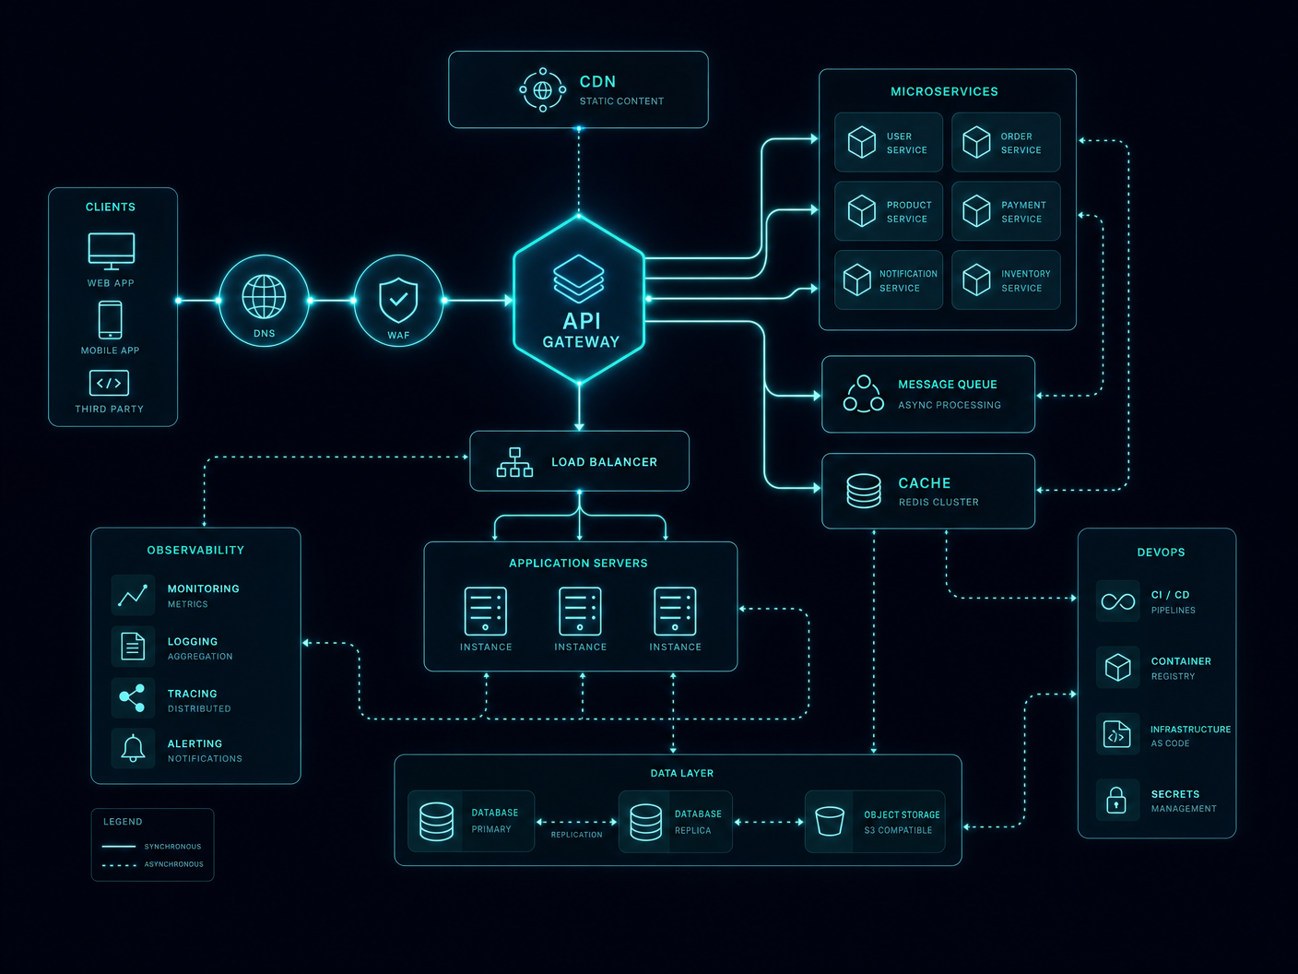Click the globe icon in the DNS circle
(264, 297)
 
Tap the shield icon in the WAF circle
(398, 300)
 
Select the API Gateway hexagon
(579, 299)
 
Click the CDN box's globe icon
(542, 89)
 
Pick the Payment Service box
(1006, 211)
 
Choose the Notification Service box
(888, 280)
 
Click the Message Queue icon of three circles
(864, 393)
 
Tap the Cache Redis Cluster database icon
(864, 491)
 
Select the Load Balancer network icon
(514, 462)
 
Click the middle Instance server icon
(580, 611)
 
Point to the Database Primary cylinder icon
(436, 822)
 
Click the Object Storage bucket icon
(830, 822)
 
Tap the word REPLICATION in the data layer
(576, 835)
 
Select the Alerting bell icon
(133, 748)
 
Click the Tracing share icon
(133, 698)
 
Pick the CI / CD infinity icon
(1117, 602)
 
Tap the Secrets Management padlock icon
(1115, 800)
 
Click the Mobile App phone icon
(110, 320)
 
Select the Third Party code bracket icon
(109, 383)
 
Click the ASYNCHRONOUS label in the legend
(174, 864)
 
